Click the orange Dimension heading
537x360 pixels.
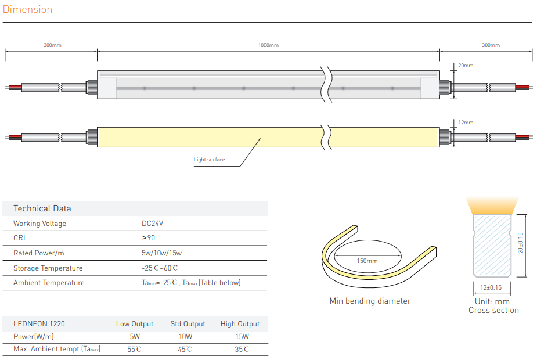tap(27, 9)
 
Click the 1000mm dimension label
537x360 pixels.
tap(268, 45)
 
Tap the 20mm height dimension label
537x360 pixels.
tap(466, 66)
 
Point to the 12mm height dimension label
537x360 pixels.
tap(466, 123)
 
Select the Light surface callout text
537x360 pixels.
tap(209, 160)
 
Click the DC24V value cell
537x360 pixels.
tap(153, 224)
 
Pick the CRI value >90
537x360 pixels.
tap(149, 237)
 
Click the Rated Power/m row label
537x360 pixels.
tap(39, 253)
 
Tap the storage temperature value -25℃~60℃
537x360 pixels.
tap(160, 268)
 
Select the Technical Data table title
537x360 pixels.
tap(42, 208)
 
